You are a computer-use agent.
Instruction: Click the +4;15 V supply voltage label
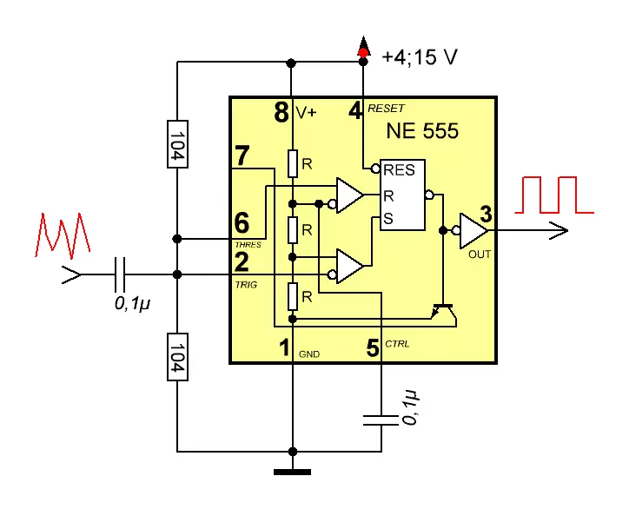click(419, 57)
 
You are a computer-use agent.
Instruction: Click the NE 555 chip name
click(422, 132)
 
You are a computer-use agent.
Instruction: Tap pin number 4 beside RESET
click(356, 111)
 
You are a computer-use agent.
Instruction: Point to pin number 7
click(242, 156)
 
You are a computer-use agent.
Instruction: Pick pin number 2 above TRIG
click(242, 261)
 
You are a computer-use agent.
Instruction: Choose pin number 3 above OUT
click(486, 214)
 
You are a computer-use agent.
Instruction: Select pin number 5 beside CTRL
click(373, 348)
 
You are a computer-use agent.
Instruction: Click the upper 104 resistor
click(176, 143)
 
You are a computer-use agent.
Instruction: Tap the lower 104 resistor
click(176, 356)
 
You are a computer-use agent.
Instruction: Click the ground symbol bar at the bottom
click(292, 472)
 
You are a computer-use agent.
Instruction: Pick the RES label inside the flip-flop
click(399, 170)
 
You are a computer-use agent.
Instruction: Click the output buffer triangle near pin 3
click(473, 230)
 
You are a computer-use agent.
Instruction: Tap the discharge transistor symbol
click(443, 309)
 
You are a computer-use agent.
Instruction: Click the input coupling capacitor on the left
click(121, 274)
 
